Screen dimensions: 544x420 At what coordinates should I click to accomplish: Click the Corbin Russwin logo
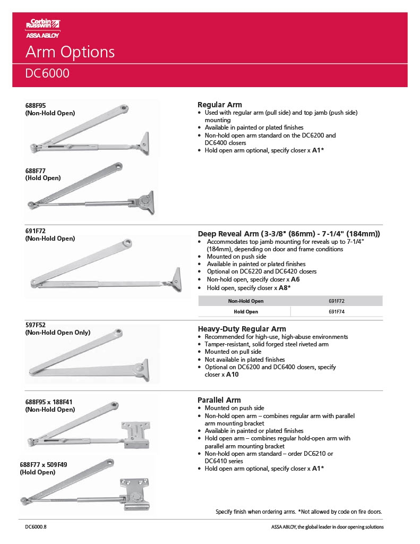43,24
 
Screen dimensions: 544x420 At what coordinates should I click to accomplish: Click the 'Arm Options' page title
70,52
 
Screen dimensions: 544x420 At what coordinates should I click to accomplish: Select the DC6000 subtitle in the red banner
47,74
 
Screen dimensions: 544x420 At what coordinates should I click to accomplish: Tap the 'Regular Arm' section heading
219,105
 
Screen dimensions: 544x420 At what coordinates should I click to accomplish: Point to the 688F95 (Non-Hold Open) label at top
50,109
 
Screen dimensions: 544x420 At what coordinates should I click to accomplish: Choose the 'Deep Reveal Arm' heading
288,234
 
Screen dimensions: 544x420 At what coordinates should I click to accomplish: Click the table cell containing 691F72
337,301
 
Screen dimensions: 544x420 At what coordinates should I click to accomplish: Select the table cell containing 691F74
337,312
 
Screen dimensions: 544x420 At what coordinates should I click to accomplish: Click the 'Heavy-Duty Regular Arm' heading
242,329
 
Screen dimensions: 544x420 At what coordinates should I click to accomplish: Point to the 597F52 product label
57,328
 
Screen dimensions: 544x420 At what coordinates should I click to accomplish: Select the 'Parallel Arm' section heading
219,400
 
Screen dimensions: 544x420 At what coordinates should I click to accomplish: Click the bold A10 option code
233,375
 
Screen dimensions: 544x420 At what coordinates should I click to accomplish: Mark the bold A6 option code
295,279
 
